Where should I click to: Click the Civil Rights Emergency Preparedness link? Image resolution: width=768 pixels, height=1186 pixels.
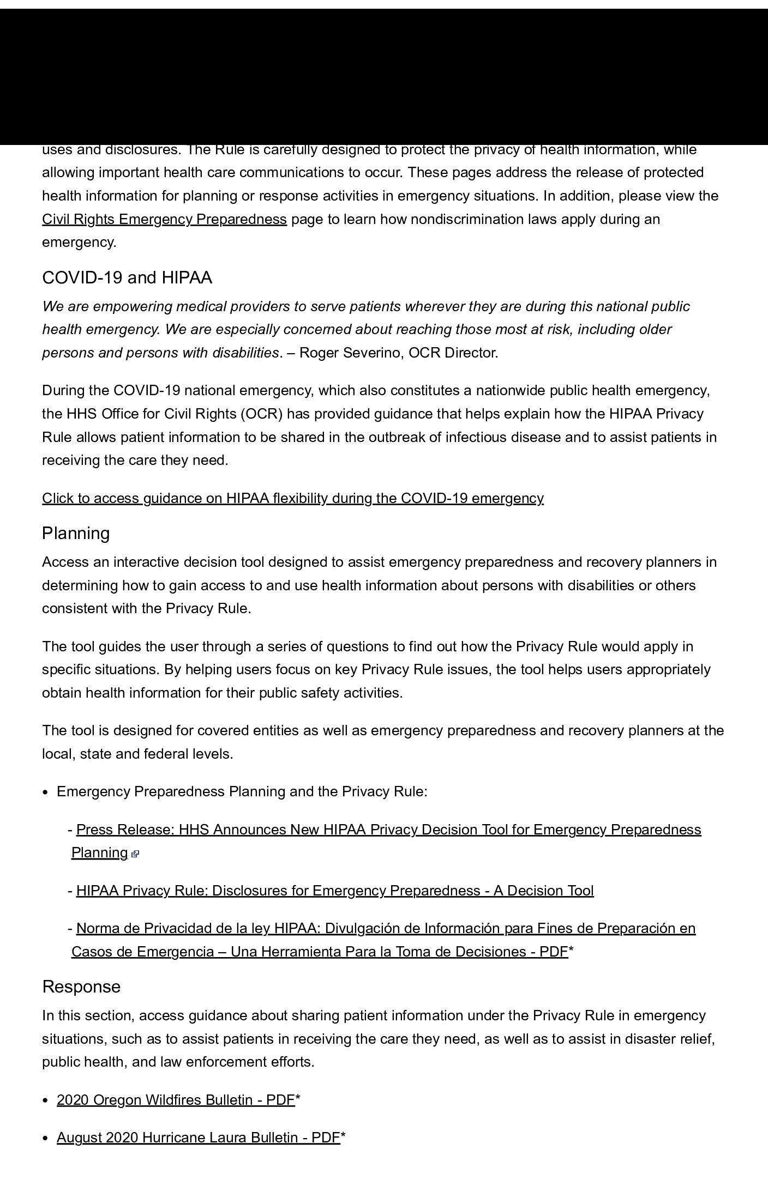click(164, 219)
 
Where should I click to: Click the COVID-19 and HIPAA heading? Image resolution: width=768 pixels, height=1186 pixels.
click(127, 277)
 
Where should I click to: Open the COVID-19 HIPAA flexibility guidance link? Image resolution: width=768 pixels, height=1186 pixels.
click(293, 498)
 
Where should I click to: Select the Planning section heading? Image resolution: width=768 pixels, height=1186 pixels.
click(76, 533)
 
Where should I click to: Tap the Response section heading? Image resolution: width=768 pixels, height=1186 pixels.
click(81, 987)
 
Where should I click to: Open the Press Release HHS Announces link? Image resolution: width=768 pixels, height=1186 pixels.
click(388, 830)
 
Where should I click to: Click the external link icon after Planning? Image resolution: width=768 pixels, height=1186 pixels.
click(135, 854)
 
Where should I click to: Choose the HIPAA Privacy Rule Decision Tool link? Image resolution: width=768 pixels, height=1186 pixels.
click(335, 891)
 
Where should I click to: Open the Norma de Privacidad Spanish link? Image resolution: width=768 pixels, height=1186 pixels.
click(386, 928)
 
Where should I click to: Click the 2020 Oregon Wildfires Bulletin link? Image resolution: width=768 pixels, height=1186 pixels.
click(176, 1100)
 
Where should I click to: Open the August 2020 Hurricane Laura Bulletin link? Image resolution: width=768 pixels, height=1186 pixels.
click(199, 1137)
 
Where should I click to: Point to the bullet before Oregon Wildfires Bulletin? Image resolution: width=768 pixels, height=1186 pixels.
click(46, 1100)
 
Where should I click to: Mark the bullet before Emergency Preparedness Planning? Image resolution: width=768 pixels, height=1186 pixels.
click(46, 792)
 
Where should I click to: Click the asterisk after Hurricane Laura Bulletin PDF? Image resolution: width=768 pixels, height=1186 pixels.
click(343, 1137)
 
